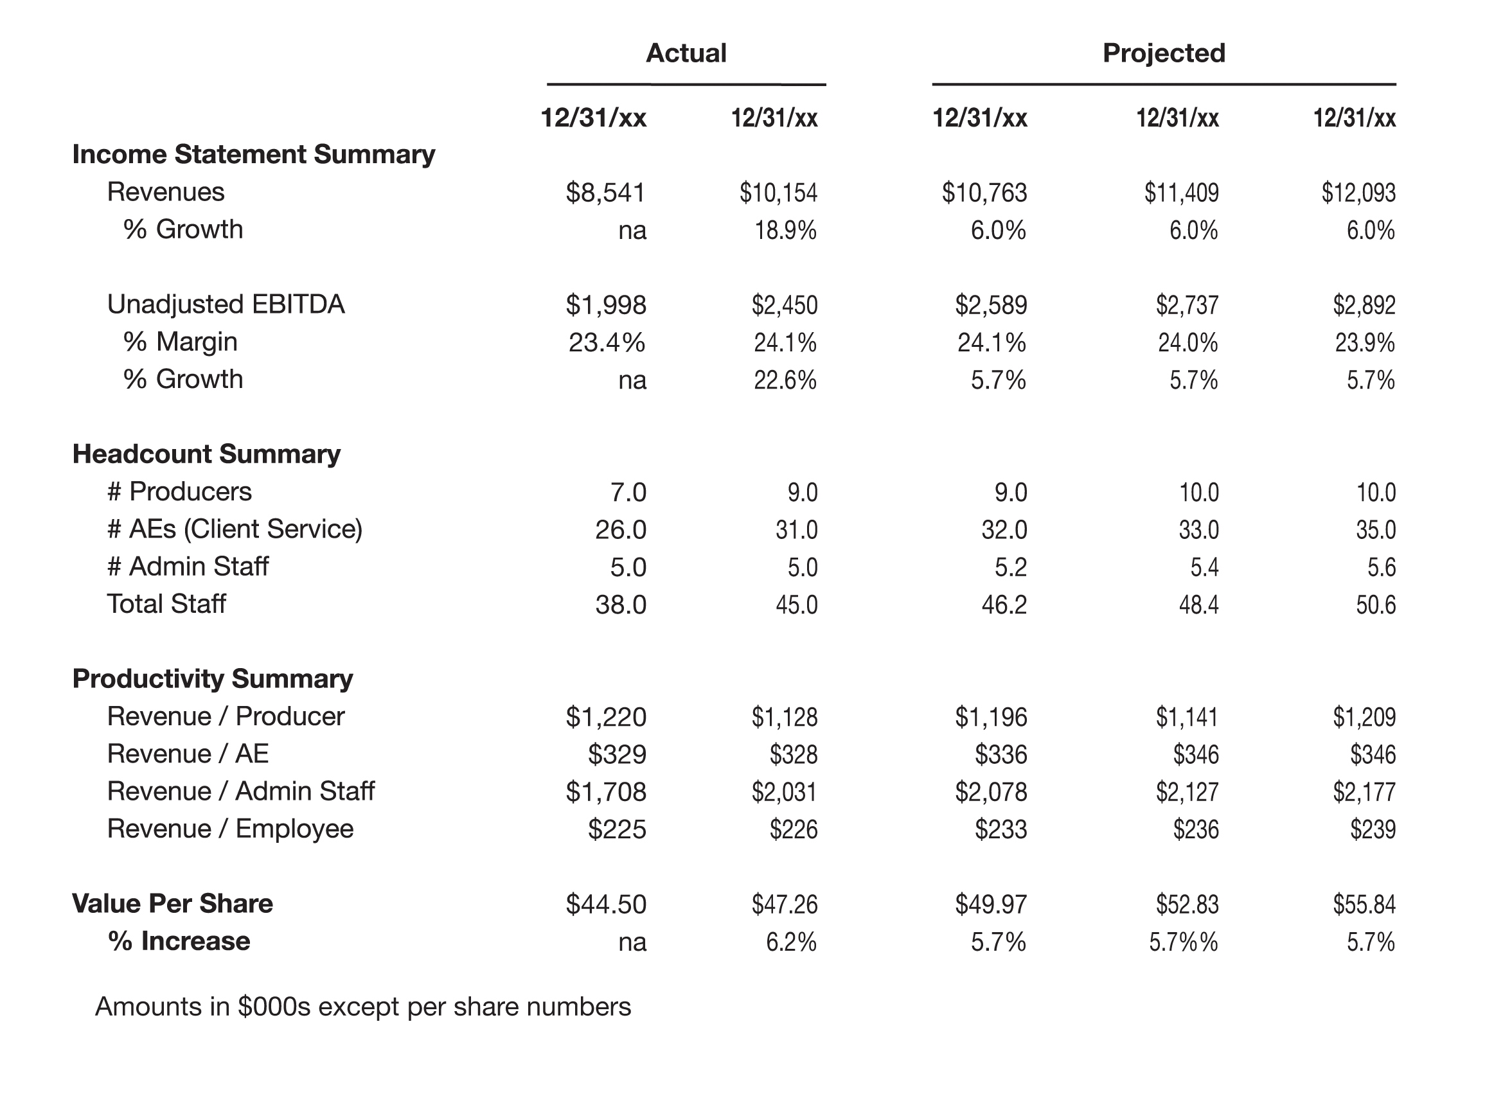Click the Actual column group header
[686, 53]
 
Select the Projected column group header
[1164, 53]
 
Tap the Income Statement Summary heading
[253, 155]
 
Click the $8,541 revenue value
[605, 193]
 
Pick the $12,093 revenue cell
[1358, 193]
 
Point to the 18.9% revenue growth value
[785, 231]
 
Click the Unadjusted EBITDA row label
[226, 304]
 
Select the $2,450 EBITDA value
[785, 305]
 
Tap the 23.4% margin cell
[607, 342]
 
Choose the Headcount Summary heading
[207, 454]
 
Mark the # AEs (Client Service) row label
[235, 529]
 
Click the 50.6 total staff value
[1376, 605]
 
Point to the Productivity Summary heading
[213, 679]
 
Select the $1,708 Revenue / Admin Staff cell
[606, 792]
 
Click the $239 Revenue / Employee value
[1373, 830]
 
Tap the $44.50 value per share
[606, 904]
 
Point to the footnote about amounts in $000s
[362, 1007]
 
